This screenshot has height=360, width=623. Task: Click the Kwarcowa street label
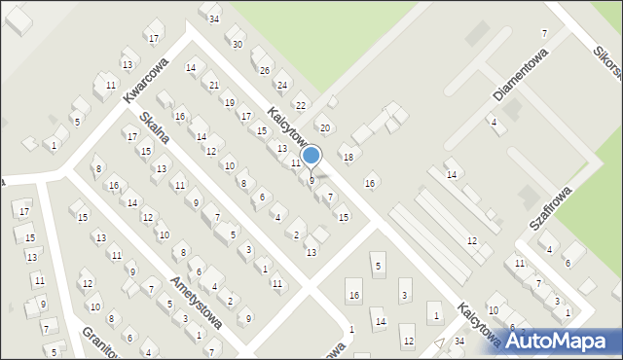146,79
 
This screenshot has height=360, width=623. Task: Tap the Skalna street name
154,126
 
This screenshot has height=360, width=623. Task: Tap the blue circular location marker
311,155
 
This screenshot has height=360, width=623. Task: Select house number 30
237,44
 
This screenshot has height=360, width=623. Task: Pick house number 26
264,70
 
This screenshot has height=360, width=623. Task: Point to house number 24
281,86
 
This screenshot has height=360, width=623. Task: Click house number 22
301,105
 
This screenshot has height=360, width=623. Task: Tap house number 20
325,128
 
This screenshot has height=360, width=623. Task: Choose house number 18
348,157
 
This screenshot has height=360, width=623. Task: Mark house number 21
213,86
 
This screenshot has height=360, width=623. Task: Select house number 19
229,102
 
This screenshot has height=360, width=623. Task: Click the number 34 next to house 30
213,18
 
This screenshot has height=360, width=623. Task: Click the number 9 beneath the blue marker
311,180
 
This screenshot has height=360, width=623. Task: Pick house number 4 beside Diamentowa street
494,122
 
